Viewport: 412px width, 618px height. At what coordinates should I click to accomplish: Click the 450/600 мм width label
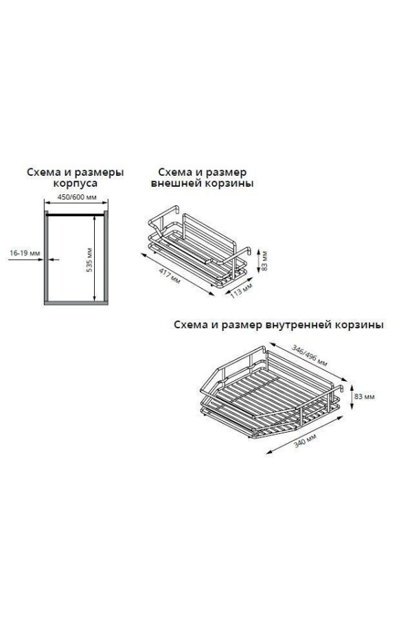pyautogui.click(x=77, y=197)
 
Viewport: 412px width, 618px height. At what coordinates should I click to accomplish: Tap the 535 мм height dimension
pyautogui.click(x=89, y=260)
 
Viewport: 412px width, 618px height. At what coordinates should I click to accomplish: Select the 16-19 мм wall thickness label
pyautogui.click(x=25, y=253)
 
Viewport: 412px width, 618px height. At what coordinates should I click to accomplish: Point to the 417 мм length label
pyautogui.click(x=170, y=276)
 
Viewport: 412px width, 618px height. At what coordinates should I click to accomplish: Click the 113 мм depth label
pyautogui.click(x=240, y=290)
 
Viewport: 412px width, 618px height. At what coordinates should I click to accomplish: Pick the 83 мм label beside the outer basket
pyautogui.click(x=264, y=260)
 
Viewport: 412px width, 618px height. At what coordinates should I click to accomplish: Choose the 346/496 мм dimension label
pyautogui.click(x=310, y=356)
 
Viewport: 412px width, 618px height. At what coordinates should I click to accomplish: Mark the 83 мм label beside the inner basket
pyautogui.click(x=365, y=396)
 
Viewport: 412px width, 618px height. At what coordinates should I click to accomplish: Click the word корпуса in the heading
pyautogui.click(x=75, y=183)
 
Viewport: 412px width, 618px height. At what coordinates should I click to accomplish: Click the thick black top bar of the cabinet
pyautogui.click(x=76, y=215)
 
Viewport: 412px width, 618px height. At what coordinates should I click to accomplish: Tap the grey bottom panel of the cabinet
pyautogui.click(x=76, y=303)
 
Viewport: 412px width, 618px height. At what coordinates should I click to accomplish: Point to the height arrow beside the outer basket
pyautogui.click(x=257, y=260)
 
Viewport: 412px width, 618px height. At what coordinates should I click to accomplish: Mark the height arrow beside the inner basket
pyautogui.click(x=350, y=396)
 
